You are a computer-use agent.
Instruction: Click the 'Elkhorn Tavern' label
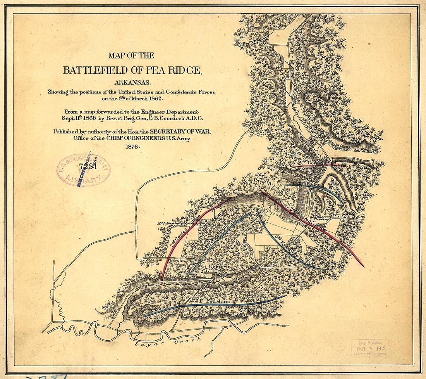click(320, 218)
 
